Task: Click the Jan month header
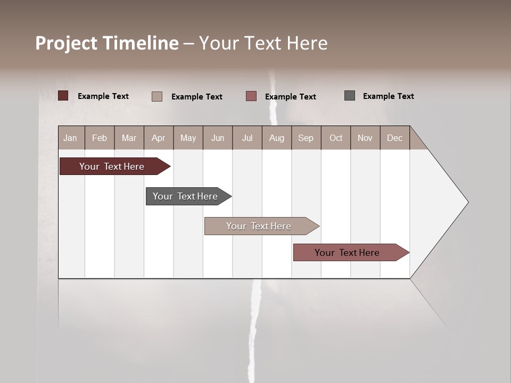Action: [71, 138]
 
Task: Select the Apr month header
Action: [158, 138]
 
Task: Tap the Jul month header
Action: [247, 138]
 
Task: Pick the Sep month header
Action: [306, 138]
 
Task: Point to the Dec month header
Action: [394, 138]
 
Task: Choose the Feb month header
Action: [100, 138]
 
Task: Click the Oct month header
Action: [336, 138]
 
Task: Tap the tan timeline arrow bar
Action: [259, 226]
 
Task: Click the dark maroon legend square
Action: [63, 96]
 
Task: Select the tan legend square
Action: [157, 96]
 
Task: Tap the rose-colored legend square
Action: [251, 96]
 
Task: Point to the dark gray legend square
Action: [350, 96]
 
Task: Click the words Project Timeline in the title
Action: [106, 43]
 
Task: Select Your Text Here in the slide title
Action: [263, 43]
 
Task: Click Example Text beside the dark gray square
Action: [388, 96]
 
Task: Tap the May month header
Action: [188, 138]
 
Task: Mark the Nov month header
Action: [365, 138]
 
